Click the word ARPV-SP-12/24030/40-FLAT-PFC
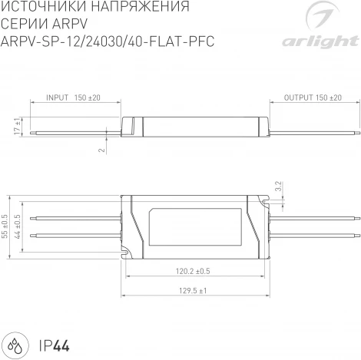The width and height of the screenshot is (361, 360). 108,41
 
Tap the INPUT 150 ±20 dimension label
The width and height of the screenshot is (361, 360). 74,98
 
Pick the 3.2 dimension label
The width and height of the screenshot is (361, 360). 279,187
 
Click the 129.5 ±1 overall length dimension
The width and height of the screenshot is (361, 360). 192,291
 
